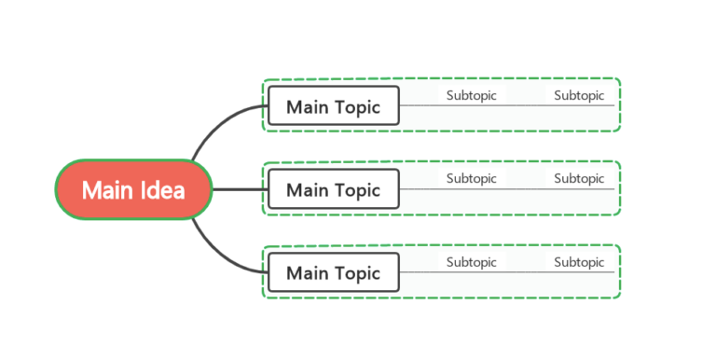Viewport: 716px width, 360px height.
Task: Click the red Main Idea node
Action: point(133,189)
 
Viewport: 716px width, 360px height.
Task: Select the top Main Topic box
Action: point(333,106)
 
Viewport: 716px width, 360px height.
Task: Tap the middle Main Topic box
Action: point(333,189)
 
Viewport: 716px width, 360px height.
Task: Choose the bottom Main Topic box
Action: point(333,272)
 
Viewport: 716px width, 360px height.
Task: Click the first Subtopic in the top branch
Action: point(471,95)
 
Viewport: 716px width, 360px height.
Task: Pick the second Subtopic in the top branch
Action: point(579,95)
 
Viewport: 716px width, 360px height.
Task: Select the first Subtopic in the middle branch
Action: point(471,178)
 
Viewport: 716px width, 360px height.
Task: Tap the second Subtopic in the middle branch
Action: point(579,178)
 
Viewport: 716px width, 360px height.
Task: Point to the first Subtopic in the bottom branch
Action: point(471,262)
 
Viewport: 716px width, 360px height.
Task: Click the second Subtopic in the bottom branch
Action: point(579,262)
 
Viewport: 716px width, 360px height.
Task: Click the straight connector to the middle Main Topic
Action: point(240,189)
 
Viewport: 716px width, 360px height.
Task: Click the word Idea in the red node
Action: point(162,189)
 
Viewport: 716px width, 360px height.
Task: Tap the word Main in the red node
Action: point(104,189)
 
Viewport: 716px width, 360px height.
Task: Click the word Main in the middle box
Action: point(307,190)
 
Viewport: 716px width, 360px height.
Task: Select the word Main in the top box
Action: point(307,107)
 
